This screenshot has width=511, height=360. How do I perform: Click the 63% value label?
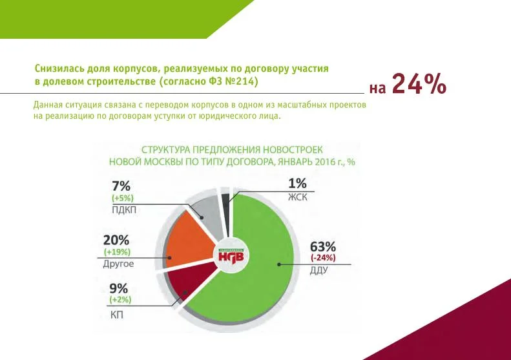[x=323, y=246]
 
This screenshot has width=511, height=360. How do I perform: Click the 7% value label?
[x=121, y=185]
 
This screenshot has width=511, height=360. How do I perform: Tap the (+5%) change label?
[x=122, y=198]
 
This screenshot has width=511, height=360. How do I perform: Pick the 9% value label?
[x=118, y=289]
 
